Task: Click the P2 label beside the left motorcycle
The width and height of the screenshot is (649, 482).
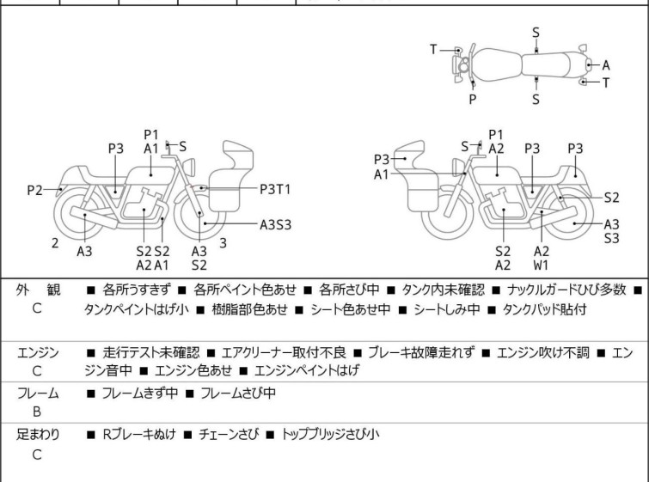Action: pyautogui.click(x=34, y=190)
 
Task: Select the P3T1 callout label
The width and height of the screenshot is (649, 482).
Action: pyautogui.click(x=276, y=188)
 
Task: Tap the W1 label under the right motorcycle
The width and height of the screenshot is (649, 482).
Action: pyautogui.click(x=542, y=265)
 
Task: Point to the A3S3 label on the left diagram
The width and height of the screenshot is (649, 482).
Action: pyautogui.click(x=276, y=225)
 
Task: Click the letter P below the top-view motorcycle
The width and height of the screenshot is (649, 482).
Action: pyautogui.click(x=472, y=99)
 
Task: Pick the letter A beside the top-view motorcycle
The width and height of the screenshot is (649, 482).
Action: pyautogui.click(x=606, y=64)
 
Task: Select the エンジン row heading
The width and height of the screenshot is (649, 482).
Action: pyautogui.click(x=38, y=352)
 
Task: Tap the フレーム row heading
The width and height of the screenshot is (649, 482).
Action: pyautogui.click(x=38, y=394)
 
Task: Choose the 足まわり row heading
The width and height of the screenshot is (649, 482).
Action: pyautogui.click(x=38, y=435)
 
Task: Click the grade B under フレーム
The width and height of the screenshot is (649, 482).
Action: pyautogui.click(x=37, y=412)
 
